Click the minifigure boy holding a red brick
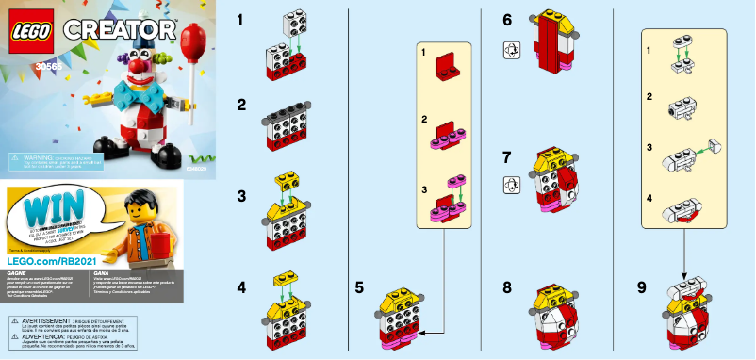[x=143, y=227]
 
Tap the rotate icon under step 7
[x=508, y=186]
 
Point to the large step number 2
[x=242, y=104]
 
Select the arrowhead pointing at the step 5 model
[x=424, y=332]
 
